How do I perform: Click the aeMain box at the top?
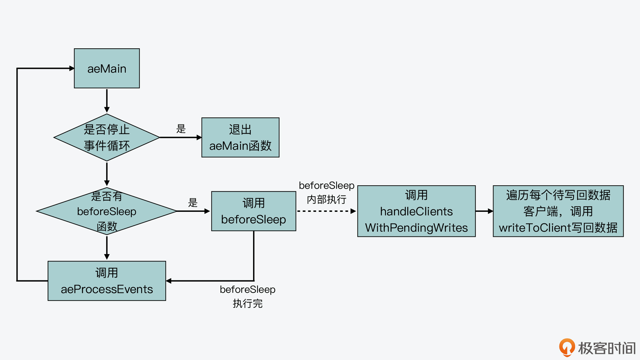tap(107, 68)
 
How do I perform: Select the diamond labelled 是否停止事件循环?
tap(107, 138)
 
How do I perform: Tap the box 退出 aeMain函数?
tap(240, 138)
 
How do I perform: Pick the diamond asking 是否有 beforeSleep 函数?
tap(107, 211)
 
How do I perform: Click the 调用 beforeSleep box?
tap(253, 211)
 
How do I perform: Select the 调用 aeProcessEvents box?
tap(107, 281)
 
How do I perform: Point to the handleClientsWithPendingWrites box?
tap(416, 211)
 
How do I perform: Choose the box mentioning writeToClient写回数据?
tap(558, 211)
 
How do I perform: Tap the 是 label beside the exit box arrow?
tap(181, 129)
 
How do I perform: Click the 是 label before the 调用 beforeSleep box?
tap(193, 203)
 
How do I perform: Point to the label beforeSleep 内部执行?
tap(326, 192)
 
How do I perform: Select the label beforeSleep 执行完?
tap(247, 296)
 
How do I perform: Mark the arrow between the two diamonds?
tap(107, 173)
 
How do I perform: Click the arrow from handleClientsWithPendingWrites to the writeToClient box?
tap(484, 211)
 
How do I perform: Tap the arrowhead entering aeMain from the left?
tap(72, 68)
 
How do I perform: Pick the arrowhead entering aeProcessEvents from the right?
tap(169, 281)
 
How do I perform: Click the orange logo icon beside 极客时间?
tap(567, 348)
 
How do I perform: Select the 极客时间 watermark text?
tap(607, 348)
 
